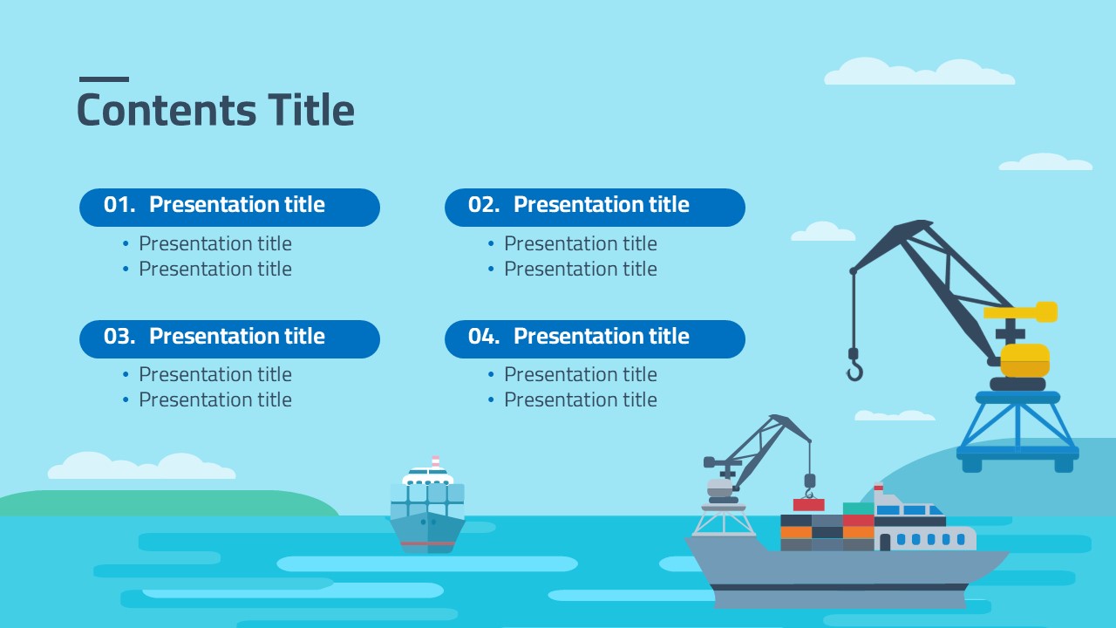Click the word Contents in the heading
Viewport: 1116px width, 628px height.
[167, 110]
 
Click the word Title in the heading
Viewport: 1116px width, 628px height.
[311, 109]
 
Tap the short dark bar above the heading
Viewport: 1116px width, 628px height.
[104, 79]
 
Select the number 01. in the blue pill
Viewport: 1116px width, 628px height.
[119, 205]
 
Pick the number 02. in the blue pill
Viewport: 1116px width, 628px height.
[484, 205]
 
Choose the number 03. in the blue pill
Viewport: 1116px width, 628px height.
[119, 337]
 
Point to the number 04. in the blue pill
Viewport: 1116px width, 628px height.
[484, 337]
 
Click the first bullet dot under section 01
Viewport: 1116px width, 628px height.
[126, 243]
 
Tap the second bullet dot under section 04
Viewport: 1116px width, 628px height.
[491, 399]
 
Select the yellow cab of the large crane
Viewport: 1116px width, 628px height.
[1024, 360]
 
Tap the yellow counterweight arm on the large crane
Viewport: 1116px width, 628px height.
[1020, 312]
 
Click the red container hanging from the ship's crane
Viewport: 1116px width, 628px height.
[808, 504]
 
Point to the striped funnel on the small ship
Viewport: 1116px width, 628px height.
[435, 461]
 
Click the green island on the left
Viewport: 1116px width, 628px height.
[168, 503]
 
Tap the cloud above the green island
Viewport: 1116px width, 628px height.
[141, 466]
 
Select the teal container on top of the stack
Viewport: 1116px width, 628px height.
[858, 509]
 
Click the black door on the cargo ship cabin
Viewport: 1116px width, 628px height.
[885, 543]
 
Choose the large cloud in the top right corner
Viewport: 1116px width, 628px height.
[919, 72]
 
